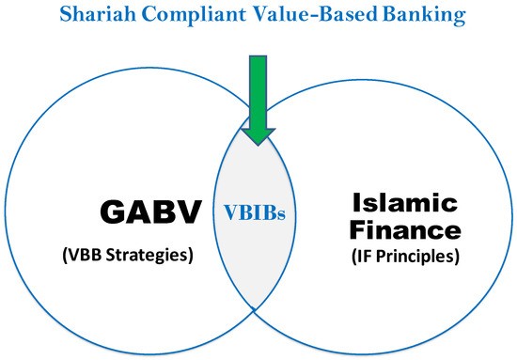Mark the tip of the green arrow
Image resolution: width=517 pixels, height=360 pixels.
(259, 142)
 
